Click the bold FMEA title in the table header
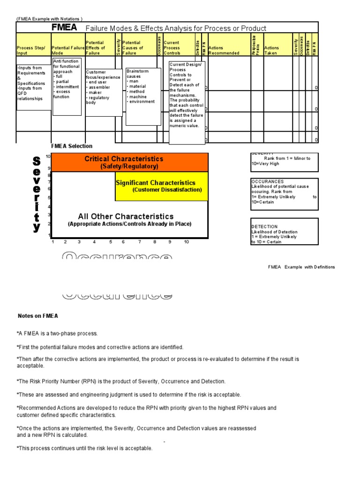[64, 28]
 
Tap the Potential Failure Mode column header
[67, 50]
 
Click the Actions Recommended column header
[223, 50]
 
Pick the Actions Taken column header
[271, 50]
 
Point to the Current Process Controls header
[172, 48]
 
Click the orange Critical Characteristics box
[129, 162]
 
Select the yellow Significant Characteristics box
[161, 186]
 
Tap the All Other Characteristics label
[126, 217]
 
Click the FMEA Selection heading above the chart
[72, 146]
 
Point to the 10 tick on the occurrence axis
[186, 242]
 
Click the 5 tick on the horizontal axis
[111, 242]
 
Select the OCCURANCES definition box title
[267, 181]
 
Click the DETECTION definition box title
[264, 226]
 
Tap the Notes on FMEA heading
[37, 316]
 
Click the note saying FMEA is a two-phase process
[57, 333]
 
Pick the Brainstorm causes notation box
[143, 96]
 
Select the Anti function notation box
[67, 86]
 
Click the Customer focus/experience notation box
[104, 92]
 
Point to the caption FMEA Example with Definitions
[301, 267]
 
